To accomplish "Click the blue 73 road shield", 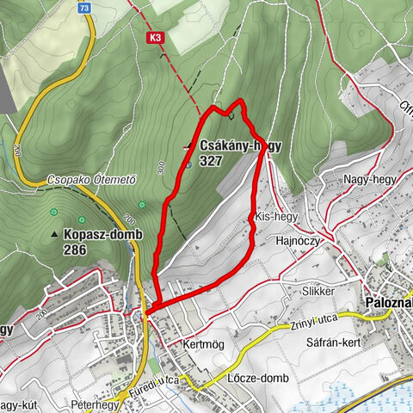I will (x=83, y=7).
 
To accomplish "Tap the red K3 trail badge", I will (x=155, y=38).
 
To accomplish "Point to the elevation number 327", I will (x=211, y=160).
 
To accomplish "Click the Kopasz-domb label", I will (x=102, y=235).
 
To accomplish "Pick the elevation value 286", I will (x=76, y=250).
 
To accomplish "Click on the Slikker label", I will (x=317, y=292).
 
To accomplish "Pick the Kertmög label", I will (x=203, y=343).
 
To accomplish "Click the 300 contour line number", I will (x=161, y=170).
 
